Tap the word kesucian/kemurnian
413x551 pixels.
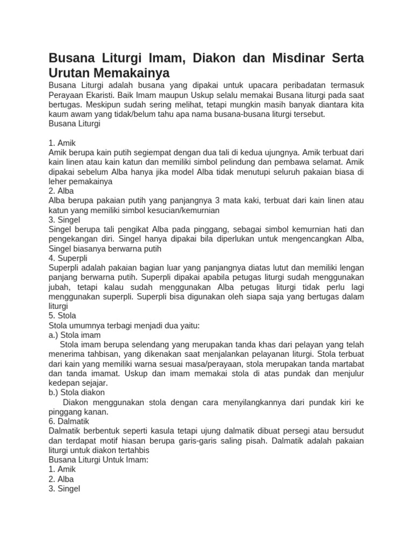(183, 210)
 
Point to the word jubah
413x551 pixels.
(59, 287)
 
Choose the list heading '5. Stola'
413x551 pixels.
(62, 316)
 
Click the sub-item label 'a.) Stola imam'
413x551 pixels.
(75, 335)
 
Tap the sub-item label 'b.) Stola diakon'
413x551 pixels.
(77, 393)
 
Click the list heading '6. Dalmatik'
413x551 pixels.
(69, 421)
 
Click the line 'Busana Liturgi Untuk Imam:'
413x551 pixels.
(98, 460)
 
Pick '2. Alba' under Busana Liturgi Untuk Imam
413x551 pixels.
(61, 479)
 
